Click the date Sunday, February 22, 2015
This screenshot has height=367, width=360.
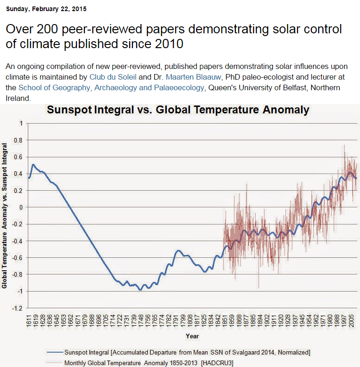pos(46,9)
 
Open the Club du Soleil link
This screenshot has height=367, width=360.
pos(113,77)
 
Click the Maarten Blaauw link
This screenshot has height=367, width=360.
pos(193,77)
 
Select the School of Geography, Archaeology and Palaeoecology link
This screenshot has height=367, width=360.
pos(111,87)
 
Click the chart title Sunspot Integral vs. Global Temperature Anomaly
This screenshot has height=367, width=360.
pos(178,110)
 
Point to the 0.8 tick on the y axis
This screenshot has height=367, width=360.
pos(18,140)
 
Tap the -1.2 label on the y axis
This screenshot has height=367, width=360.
pos(17,308)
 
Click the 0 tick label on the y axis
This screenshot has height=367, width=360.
pos(21,207)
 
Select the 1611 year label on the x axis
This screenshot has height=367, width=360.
pos(29,322)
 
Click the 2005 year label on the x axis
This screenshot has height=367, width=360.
pos(351,322)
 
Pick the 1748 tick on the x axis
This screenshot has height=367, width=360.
pos(141,322)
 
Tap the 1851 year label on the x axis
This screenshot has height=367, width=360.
pos(225,322)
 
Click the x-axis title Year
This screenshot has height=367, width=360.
pos(192,336)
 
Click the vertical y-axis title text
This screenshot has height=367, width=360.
pos(4,216)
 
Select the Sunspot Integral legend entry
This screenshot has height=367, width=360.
pos(178,352)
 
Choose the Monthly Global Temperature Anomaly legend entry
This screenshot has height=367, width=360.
pos(140,363)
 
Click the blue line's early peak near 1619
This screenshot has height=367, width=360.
pos(33,165)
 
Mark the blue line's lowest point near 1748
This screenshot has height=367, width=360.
pos(140,290)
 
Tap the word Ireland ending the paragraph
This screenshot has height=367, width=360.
pos(18,98)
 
